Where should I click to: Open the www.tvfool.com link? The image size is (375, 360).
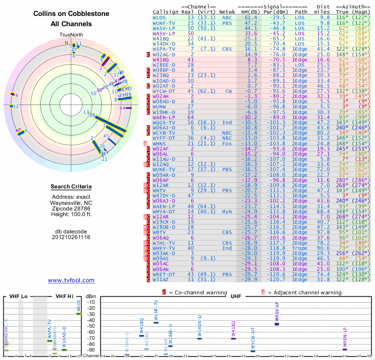pyautogui.click(x=71, y=280)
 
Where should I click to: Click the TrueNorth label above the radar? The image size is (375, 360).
pyautogui.click(x=71, y=35)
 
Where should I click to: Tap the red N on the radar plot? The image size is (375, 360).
pyautogui.click(x=67, y=43)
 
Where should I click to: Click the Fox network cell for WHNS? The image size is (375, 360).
pyautogui.click(x=227, y=143)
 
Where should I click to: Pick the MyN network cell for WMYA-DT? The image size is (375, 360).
pyautogui.click(x=227, y=212)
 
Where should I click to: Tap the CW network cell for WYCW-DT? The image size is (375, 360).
pyautogui.click(x=228, y=91)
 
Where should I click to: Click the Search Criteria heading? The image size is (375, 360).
pyautogui.click(x=71, y=187)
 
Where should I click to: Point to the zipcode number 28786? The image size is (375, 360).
pyautogui.click(x=81, y=208)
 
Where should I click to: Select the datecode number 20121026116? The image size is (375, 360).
pyautogui.click(x=71, y=237)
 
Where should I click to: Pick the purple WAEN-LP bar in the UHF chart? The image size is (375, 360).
pyautogui.click(x=345, y=349)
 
